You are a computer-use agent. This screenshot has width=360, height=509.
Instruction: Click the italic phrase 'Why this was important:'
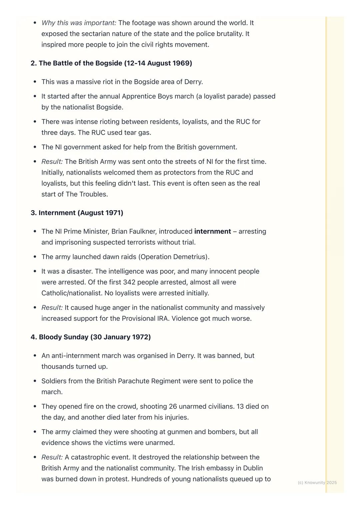click(79, 23)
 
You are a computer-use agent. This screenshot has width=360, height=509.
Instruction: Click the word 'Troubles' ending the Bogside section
click(93, 194)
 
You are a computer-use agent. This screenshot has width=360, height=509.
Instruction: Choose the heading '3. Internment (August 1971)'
click(77, 213)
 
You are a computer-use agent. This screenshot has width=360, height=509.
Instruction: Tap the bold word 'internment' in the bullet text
click(212, 232)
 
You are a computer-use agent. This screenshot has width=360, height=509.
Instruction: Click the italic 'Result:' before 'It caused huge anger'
click(52, 307)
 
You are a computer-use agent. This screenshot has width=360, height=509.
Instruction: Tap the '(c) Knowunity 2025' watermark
click(317, 483)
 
